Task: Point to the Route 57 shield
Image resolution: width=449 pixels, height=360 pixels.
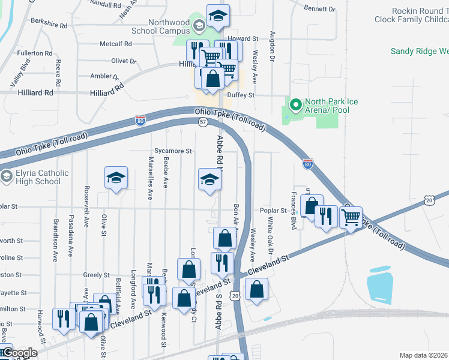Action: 203,122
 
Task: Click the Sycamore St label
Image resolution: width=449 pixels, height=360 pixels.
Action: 172,151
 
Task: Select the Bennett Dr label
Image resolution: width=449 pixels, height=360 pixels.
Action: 319,9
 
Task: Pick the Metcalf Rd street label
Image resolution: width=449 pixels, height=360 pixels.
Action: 115,44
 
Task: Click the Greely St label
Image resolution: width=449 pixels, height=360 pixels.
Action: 96,274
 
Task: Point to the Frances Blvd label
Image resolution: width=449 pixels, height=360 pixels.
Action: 294,203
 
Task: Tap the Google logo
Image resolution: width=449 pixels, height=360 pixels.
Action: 19,353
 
